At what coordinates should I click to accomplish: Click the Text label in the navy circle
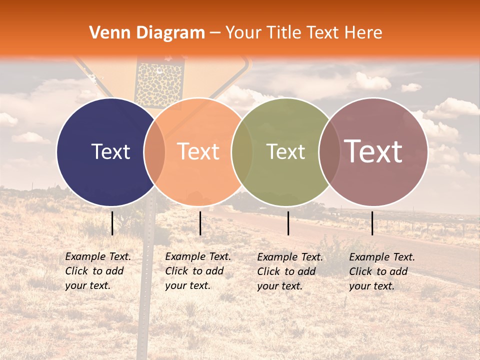pyautogui.click(x=110, y=151)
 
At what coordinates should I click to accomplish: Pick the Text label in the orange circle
pyautogui.click(x=198, y=151)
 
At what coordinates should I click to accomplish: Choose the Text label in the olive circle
pyautogui.click(x=285, y=151)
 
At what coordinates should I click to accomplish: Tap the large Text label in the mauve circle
pyautogui.click(x=373, y=151)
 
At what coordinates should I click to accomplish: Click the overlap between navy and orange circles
pyautogui.click(x=154, y=152)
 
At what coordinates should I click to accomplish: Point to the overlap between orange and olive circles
pyautogui.click(x=242, y=152)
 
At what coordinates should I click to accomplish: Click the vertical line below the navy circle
pyautogui.click(x=112, y=223)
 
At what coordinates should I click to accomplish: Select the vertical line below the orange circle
pyautogui.click(x=200, y=223)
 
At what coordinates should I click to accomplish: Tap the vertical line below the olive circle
pyautogui.click(x=288, y=223)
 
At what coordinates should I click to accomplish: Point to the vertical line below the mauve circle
pyautogui.click(x=372, y=223)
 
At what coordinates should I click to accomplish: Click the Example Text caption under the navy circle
pyautogui.click(x=98, y=271)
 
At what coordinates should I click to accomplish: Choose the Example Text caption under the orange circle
pyautogui.click(x=198, y=271)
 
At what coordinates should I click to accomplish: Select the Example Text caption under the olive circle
pyautogui.click(x=290, y=271)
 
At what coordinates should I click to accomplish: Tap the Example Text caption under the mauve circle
pyautogui.click(x=382, y=271)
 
